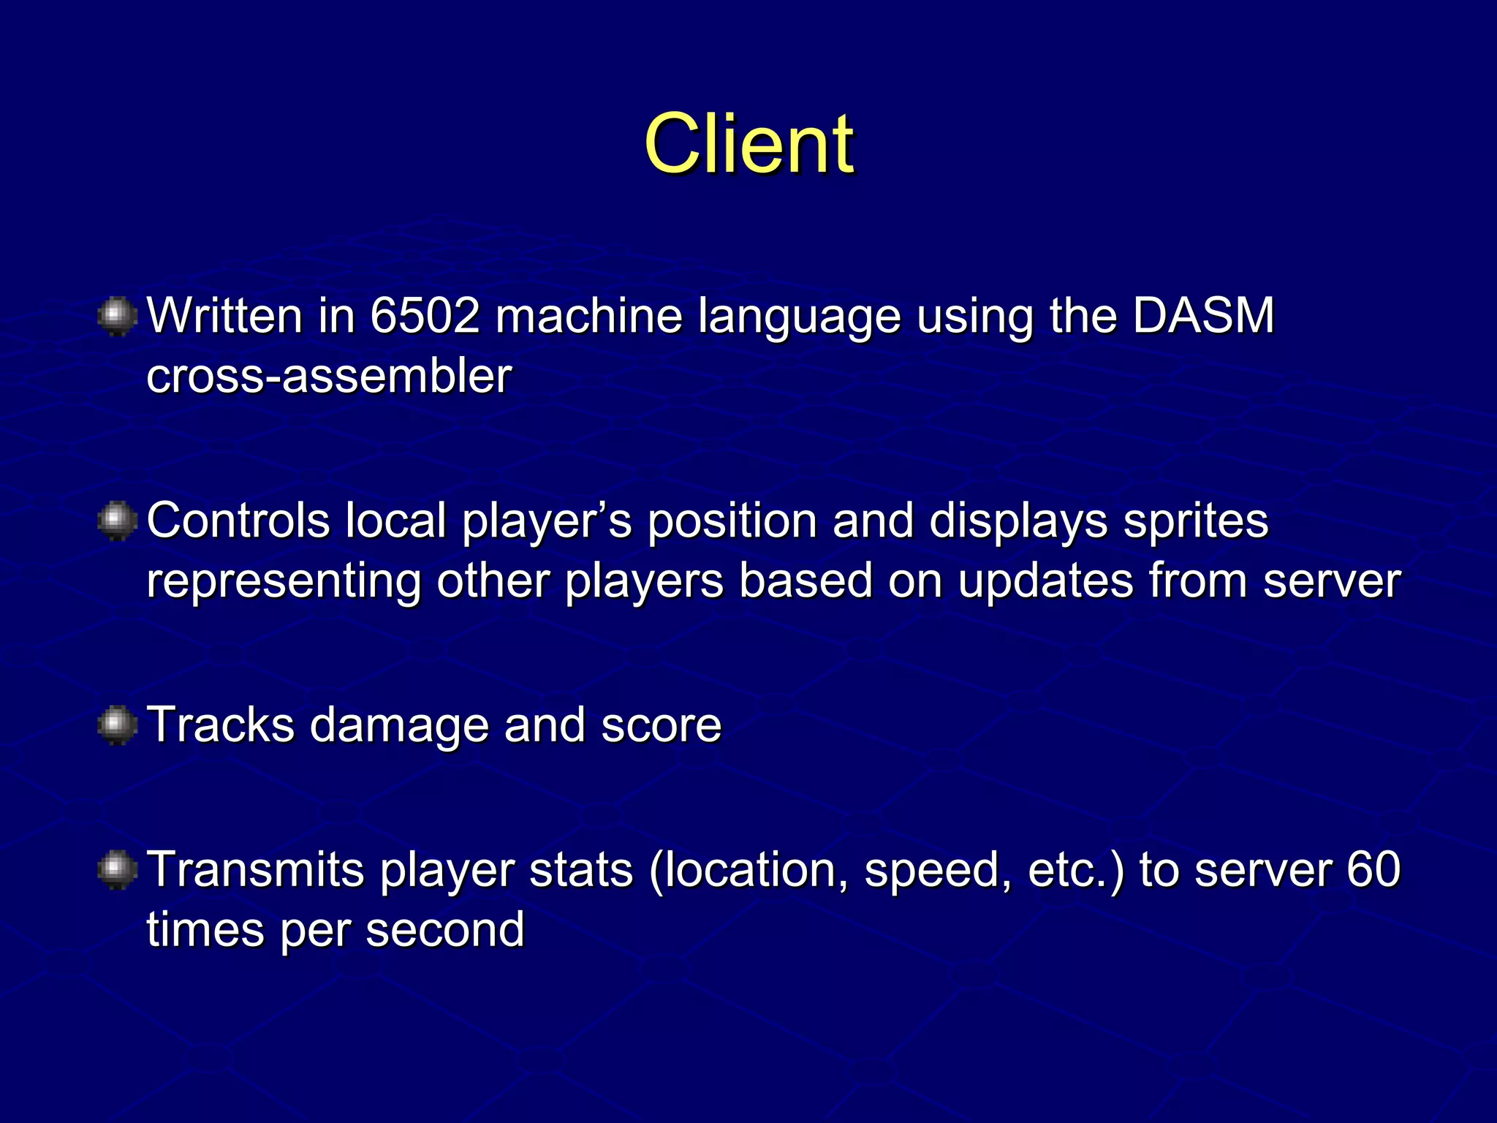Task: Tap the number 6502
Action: [x=425, y=316]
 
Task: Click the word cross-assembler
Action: [x=329, y=376]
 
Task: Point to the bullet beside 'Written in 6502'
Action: [x=117, y=317]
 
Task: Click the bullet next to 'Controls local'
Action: [x=117, y=521]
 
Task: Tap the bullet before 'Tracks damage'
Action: [x=117, y=725]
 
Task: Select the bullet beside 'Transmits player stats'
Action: [x=117, y=870]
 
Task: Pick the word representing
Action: [x=284, y=581]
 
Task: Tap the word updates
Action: [x=1045, y=581]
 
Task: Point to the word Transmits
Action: [x=256, y=870]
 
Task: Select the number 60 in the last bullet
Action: [x=1373, y=870]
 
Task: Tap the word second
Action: [x=445, y=930]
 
